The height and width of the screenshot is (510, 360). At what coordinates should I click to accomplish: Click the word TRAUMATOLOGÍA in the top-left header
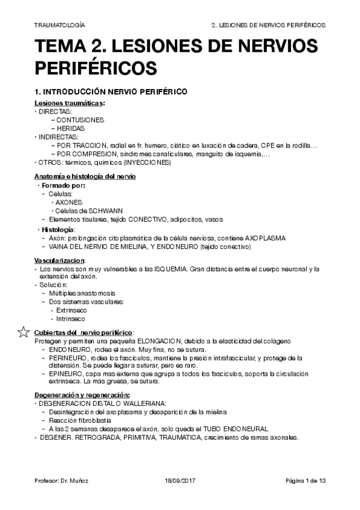pos(59,26)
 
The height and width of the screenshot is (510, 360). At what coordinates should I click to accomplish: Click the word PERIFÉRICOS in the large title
pos(96,66)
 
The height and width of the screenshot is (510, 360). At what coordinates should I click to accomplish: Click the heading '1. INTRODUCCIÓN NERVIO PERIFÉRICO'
pos(111,91)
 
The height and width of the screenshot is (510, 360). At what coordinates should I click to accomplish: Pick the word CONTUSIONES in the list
pos(81,120)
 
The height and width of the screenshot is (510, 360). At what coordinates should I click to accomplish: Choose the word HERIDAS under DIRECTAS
pos(72,128)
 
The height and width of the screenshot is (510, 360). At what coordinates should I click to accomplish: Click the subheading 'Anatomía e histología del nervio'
pos(85,176)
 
